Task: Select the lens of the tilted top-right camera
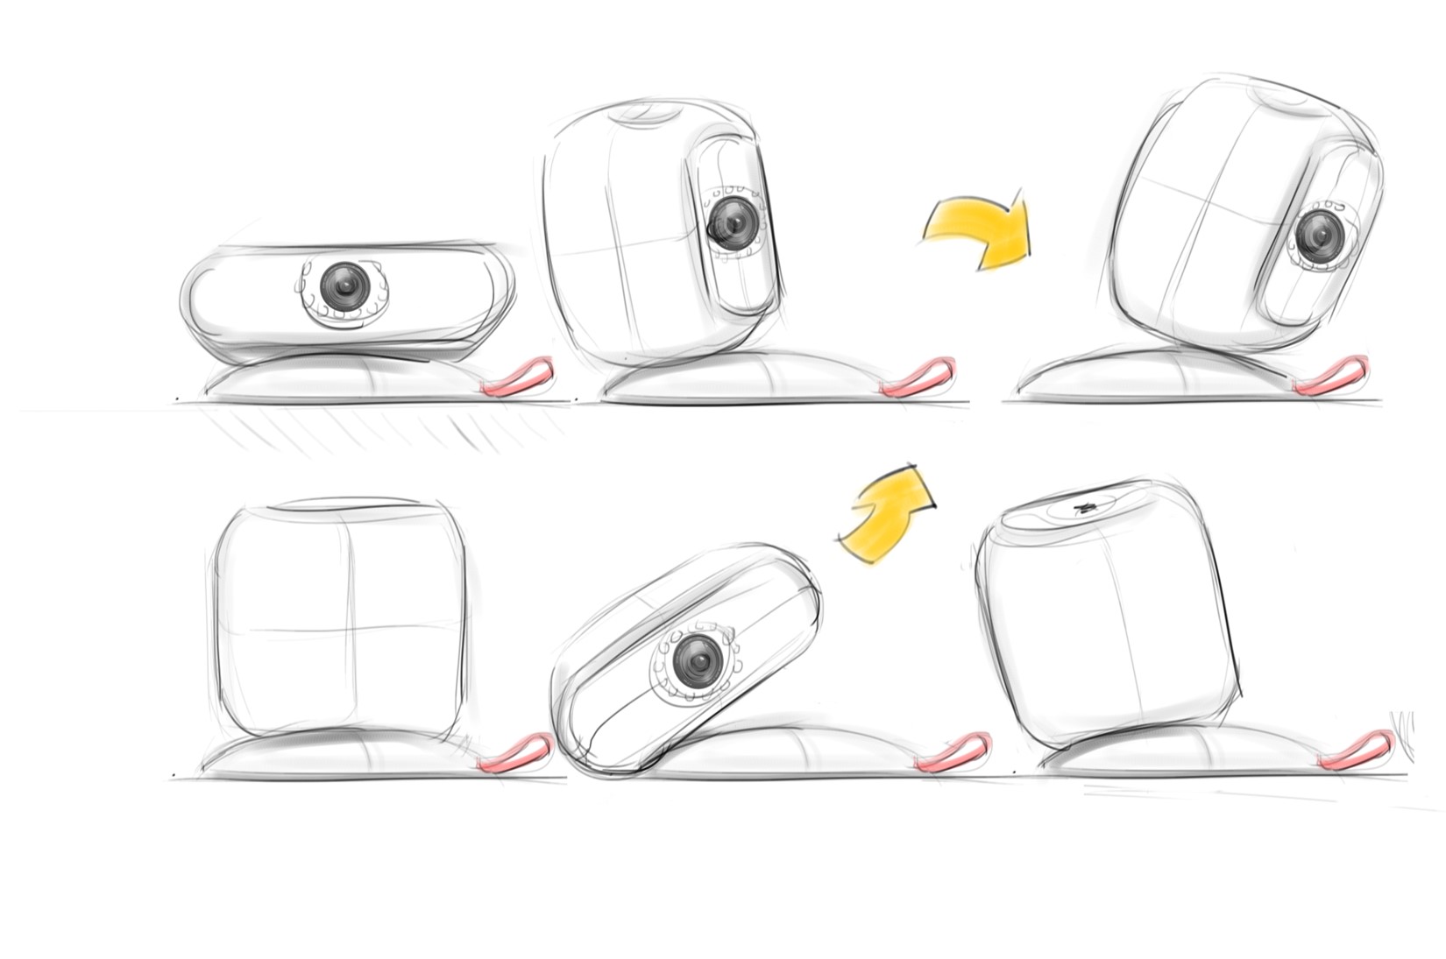1317,233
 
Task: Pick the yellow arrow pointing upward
887,514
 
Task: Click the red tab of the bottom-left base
517,751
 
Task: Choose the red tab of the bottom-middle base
953,752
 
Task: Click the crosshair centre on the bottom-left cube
350,630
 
